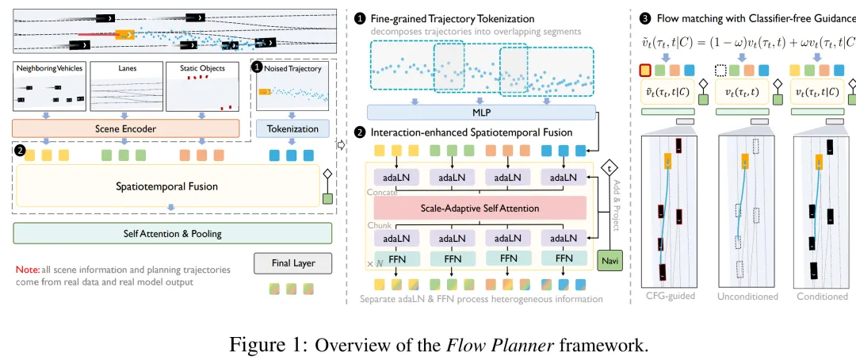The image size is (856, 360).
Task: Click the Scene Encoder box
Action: (x=126, y=128)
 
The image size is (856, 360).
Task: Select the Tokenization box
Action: (x=292, y=128)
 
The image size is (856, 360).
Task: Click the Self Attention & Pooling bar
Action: (x=172, y=233)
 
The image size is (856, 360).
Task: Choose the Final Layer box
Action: (x=292, y=262)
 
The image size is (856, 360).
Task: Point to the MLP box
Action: (x=476, y=113)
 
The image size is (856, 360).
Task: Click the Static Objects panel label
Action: (x=202, y=69)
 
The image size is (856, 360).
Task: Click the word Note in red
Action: (x=27, y=270)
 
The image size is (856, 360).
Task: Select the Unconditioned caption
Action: (x=748, y=297)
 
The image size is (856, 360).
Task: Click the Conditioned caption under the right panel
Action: (x=823, y=297)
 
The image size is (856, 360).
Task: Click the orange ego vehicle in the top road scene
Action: (x=124, y=35)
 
